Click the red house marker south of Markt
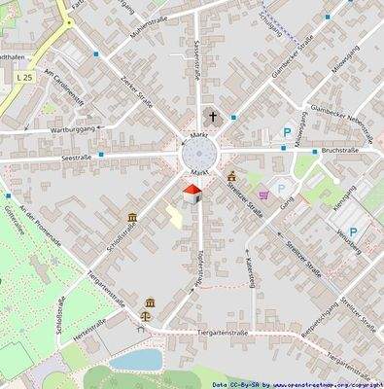(192, 195)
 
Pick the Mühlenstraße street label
(142, 26)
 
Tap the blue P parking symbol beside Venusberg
(353, 231)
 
